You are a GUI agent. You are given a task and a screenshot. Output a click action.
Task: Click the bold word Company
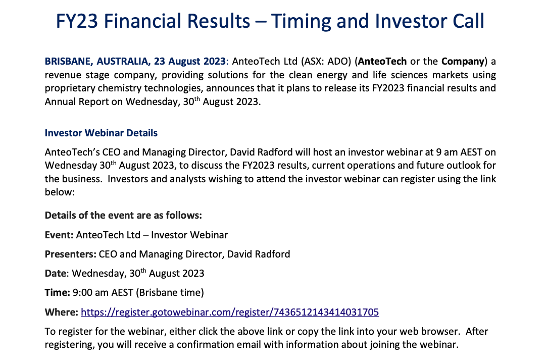pyautogui.click(x=463, y=62)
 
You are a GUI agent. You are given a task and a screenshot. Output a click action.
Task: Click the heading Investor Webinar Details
pyautogui.click(x=101, y=133)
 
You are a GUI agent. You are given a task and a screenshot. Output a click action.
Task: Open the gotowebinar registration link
pyautogui.click(x=230, y=312)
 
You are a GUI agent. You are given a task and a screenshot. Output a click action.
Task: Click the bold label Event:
pyautogui.click(x=59, y=235)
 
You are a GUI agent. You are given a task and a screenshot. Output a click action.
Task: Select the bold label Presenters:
pyautogui.click(x=71, y=254)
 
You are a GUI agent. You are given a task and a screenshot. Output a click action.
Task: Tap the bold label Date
pyautogui.click(x=56, y=273)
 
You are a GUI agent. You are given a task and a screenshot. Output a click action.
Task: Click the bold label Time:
pyautogui.click(x=58, y=292)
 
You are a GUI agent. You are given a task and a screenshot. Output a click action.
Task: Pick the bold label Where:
pyautogui.click(x=62, y=312)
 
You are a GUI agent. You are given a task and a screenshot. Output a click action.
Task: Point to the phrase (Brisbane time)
pyautogui.click(x=170, y=292)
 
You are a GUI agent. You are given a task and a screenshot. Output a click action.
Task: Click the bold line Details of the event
pyautogui.click(x=123, y=215)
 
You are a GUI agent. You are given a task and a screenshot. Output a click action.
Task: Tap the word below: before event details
pyautogui.click(x=60, y=192)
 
